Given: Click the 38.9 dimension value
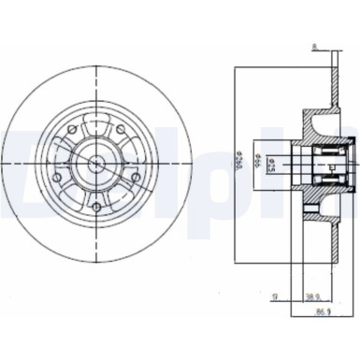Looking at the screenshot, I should pyautogui.click(x=318, y=299).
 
